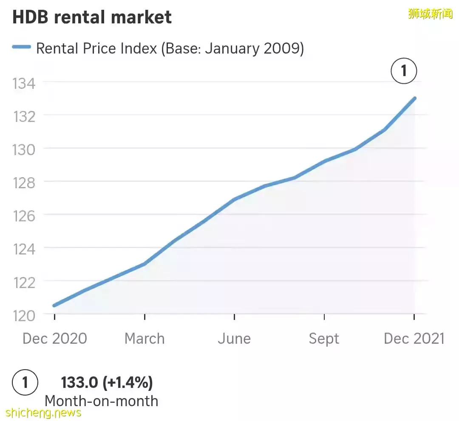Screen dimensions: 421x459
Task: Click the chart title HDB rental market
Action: point(92,18)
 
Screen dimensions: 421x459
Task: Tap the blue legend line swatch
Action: point(21,48)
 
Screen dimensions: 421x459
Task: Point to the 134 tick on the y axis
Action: point(24,83)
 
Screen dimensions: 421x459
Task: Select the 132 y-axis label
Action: point(24,116)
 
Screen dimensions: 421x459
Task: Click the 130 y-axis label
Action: point(24,149)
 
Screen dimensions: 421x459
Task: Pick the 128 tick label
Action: point(24,182)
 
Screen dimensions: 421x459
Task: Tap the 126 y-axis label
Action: point(24,215)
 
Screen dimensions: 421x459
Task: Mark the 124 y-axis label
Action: point(24,249)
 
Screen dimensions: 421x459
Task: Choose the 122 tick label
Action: point(24,282)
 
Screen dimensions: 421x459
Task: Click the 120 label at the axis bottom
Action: point(24,315)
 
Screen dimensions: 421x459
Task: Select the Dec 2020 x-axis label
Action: point(54,339)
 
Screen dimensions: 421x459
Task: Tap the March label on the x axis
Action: point(144,339)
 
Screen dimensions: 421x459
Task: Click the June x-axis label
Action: point(234,339)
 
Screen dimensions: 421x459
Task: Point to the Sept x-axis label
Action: point(324,339)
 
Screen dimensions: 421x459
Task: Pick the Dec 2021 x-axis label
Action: point(414,339)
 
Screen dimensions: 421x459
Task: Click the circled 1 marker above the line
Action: point(404,71)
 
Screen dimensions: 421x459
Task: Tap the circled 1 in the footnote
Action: point(25,383)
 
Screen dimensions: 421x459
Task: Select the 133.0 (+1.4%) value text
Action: point(107,383)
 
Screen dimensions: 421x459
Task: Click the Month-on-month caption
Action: point(101,401)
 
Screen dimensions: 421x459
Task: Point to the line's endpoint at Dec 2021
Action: point(414,98)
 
